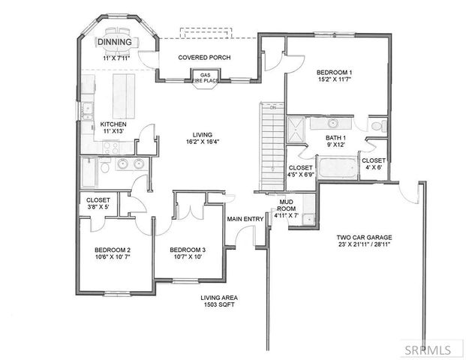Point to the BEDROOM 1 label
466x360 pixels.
pyautogui.click(x=335, y=72)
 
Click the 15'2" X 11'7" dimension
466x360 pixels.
pyautogui.click(x=335, y=80)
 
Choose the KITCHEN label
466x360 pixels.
pyautogui.click(x=113, y=124)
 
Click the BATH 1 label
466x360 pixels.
pyautogui.click(x=335, y=138)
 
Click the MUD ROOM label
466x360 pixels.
pyautogui.click(x=285, y=206)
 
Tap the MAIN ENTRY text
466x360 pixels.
pyautogui.click(x=245, y=219)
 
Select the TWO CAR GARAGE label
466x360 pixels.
pyautogui.click(x=364, y=238)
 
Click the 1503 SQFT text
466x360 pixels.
pyautogui.click(x=214, y=307)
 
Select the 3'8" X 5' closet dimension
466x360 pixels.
pyautogui.click(x=98, y=208)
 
